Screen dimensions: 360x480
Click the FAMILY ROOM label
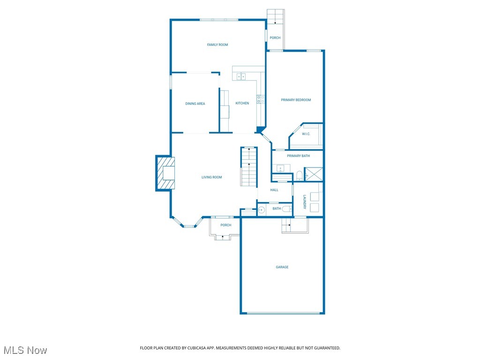[x=217, y=45]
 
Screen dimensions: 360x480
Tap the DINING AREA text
[x=195, y=104]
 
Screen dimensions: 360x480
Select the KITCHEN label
[x=242, y=103]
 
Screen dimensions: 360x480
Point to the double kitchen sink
[x=241, y=76]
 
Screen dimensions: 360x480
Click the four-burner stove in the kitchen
[x=260, y=99]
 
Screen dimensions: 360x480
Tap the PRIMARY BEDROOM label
[x=296, y=100]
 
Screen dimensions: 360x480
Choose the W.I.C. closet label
[x=306, y=134]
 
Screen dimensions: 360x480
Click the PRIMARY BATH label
[x=298, y=156]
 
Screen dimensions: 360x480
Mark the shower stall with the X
[x=314, y=174]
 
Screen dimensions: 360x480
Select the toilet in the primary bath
[x=299, y=176]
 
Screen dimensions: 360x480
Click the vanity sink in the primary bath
[x=280, y=168]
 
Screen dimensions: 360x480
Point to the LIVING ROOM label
[x=211, y=177]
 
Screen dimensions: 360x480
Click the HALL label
[x=274, y=190]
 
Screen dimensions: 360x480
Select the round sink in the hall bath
[x=262, y=210]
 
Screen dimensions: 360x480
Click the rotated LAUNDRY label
[x=304, y=202]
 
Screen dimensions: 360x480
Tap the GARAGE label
[x=282, y=267]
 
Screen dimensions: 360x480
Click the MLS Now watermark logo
[x=25, y=350]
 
